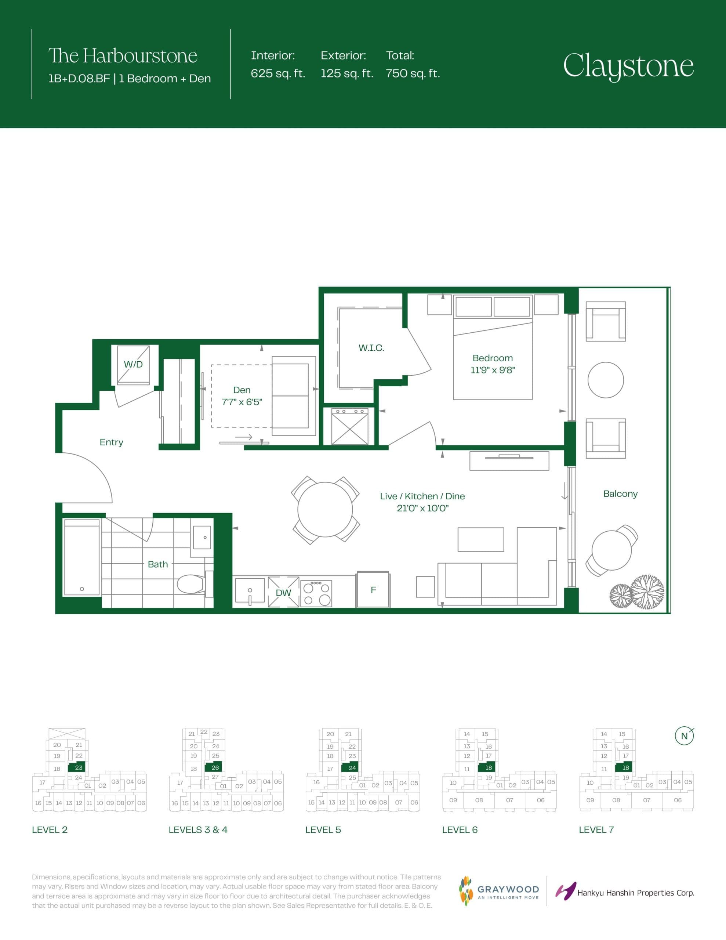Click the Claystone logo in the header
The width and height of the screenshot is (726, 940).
coord(628,66)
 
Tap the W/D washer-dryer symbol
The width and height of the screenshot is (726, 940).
coord(133,365)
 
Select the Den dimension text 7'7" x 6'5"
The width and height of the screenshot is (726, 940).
coord(242,402)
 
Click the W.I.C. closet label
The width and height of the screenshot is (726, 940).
coord(371,348)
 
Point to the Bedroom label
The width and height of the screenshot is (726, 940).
coord(492,358)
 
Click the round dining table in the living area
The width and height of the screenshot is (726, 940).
coord(325,510)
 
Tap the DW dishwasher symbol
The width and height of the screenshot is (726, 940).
coord(283,592)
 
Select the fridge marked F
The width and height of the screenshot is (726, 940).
coord(373,590)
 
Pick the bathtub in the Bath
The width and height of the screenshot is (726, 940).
coord(82,557)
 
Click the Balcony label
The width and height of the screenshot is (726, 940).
coord(620,493)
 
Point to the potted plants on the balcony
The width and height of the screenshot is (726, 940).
coord(636,593)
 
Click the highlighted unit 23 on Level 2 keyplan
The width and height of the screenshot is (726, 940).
coord(78,767)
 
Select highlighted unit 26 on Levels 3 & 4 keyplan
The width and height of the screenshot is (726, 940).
coord(215,767)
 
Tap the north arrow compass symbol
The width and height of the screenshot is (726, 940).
coord(684,736)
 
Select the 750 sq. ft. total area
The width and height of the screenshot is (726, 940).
coord(412,73)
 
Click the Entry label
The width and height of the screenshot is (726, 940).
coord(111,442)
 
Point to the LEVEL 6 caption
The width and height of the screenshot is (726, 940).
coord(460,830)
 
